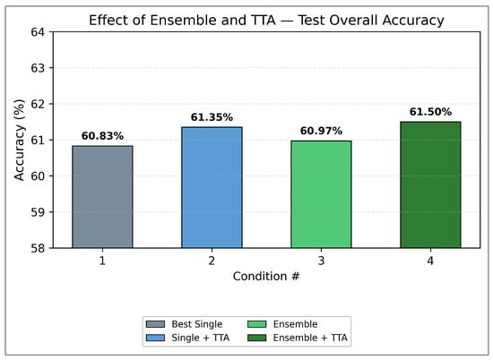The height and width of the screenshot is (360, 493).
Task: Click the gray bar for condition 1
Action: click(102, 197)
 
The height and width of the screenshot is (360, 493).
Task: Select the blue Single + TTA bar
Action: click(212, 187)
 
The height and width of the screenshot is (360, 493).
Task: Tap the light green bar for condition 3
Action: click(321, 194)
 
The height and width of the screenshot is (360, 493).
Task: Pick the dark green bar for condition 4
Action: click(430, 185)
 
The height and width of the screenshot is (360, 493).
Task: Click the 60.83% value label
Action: click(102, 136)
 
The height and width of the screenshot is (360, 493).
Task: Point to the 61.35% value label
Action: click(212, 117)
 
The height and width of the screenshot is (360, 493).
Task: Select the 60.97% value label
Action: click(321, 131)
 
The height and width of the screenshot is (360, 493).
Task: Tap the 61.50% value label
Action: click(430, 112)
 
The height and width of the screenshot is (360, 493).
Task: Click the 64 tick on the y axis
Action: click(38, 32)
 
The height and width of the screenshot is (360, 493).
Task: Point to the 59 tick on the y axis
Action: click(38, 212)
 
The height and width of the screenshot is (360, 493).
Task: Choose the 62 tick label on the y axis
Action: click(38, 104)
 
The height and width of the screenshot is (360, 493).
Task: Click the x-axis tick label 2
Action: click(212, 261)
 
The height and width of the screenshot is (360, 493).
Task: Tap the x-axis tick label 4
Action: click(430, 261)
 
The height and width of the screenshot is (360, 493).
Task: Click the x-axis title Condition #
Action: click(266, 276)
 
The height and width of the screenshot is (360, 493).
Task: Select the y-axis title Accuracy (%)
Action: click(19, 140)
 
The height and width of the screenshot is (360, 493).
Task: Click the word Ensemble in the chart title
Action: click(183, 20)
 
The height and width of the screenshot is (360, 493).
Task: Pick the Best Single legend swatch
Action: click(155, 324)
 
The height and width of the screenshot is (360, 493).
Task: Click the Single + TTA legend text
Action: click(200, 338)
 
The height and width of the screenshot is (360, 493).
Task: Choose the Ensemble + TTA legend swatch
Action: click(257, 338)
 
